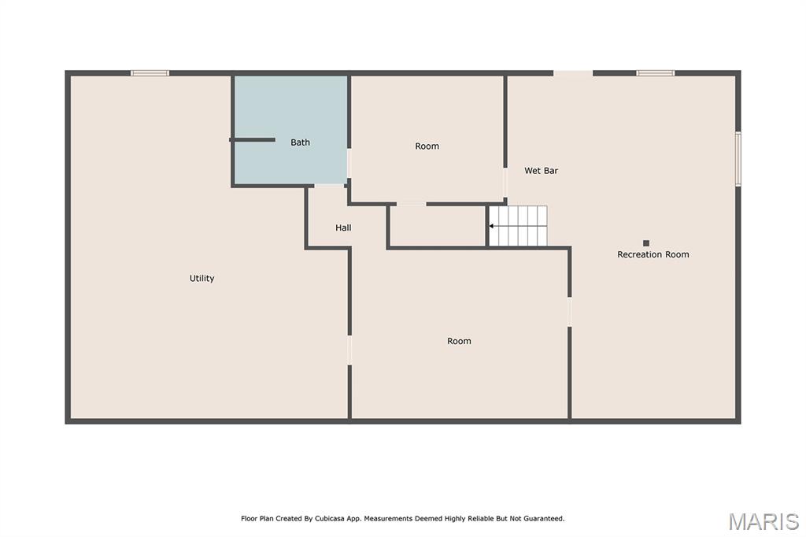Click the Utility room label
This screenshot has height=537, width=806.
[x=201, y=278]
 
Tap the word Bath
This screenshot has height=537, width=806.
[x=300, y=143]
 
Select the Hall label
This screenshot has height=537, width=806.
[x=343, y=228]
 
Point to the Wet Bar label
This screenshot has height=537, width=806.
[x=541, y=171]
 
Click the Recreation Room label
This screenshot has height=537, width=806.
[x=653, y=254]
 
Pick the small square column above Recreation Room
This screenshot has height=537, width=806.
[x=646, y=243]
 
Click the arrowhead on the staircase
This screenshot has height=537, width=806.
[x=491, y=226]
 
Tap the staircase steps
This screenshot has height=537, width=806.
[x=518, y=226]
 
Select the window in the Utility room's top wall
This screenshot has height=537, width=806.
[x=150, y=73]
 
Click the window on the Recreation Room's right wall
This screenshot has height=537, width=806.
[x=738, y=158]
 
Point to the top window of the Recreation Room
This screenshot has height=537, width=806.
[x=656, y=73]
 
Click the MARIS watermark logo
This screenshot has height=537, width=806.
[x=763, y=521]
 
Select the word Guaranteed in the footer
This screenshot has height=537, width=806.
[x=543, y=518]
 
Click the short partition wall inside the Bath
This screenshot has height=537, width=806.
[x=252, y=139]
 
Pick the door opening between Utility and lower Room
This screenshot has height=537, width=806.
[x=349, y=350]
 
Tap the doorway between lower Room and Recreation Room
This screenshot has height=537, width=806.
[x=570, y=312]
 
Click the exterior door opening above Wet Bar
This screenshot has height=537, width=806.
[x=573, y=73]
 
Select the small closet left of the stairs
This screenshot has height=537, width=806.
[x=438, y=226]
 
